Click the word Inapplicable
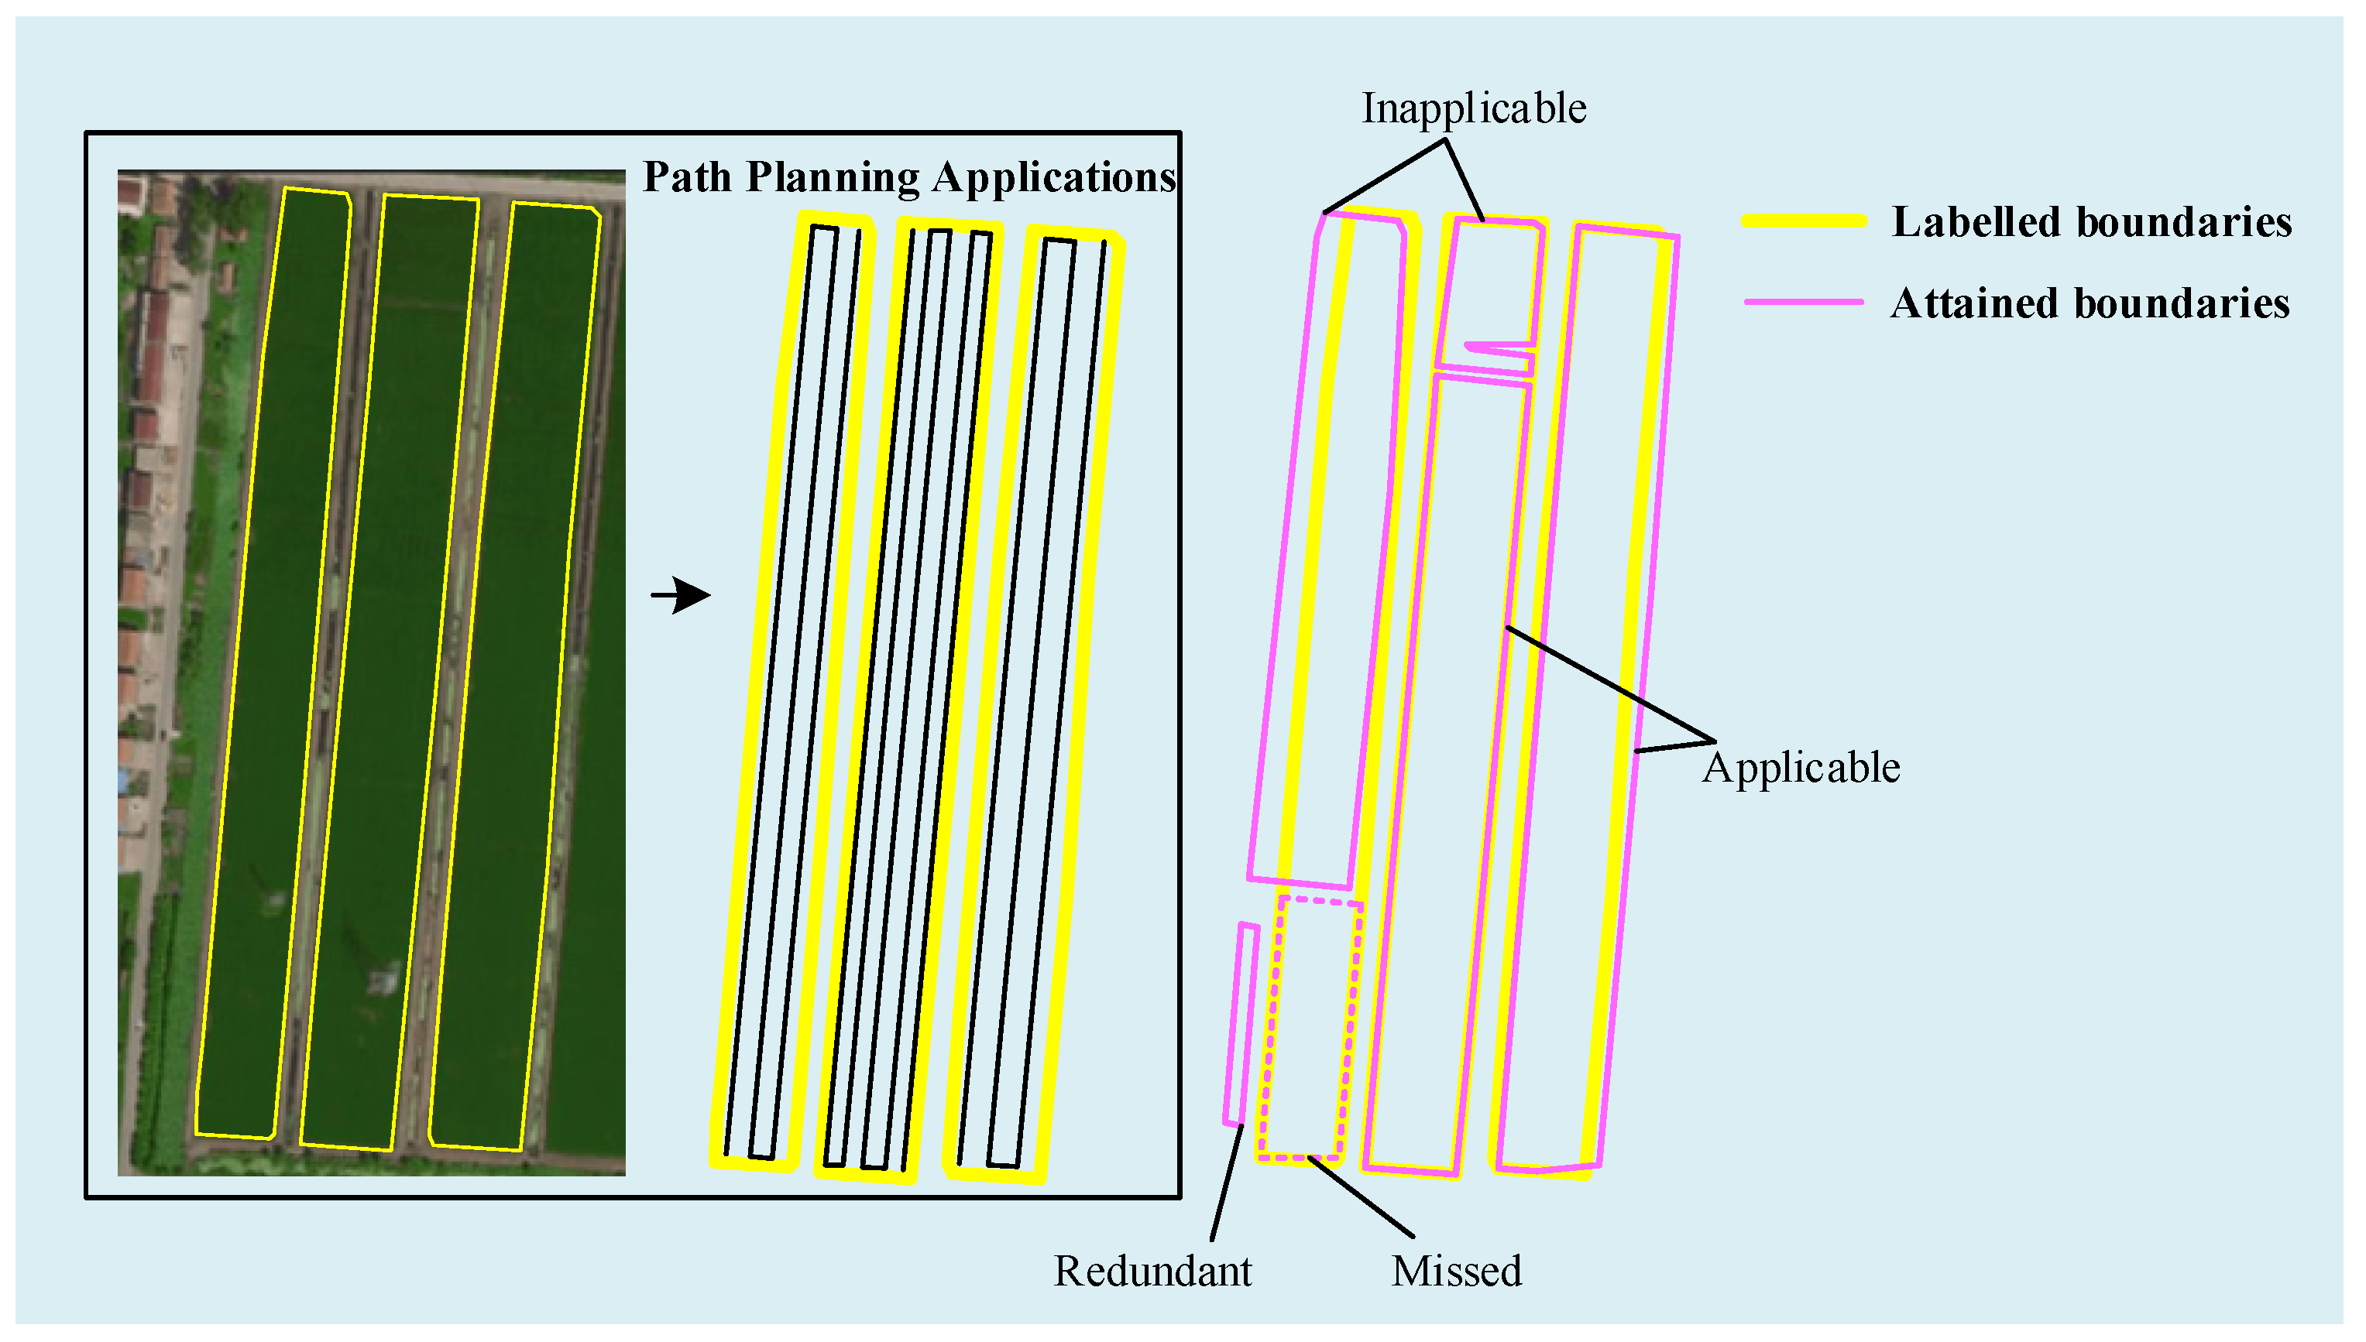pos(1474,109)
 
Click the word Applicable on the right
pos(1801,768)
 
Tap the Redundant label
pos(1152,1271)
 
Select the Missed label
pos(1456,1271)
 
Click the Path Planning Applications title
pos(908,177)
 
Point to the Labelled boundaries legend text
pos(2091,222)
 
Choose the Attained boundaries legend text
pos(2090,303)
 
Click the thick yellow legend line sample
pos(1803,221)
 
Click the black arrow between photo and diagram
pos(682,595)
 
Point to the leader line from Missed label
pos(1361,1197)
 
